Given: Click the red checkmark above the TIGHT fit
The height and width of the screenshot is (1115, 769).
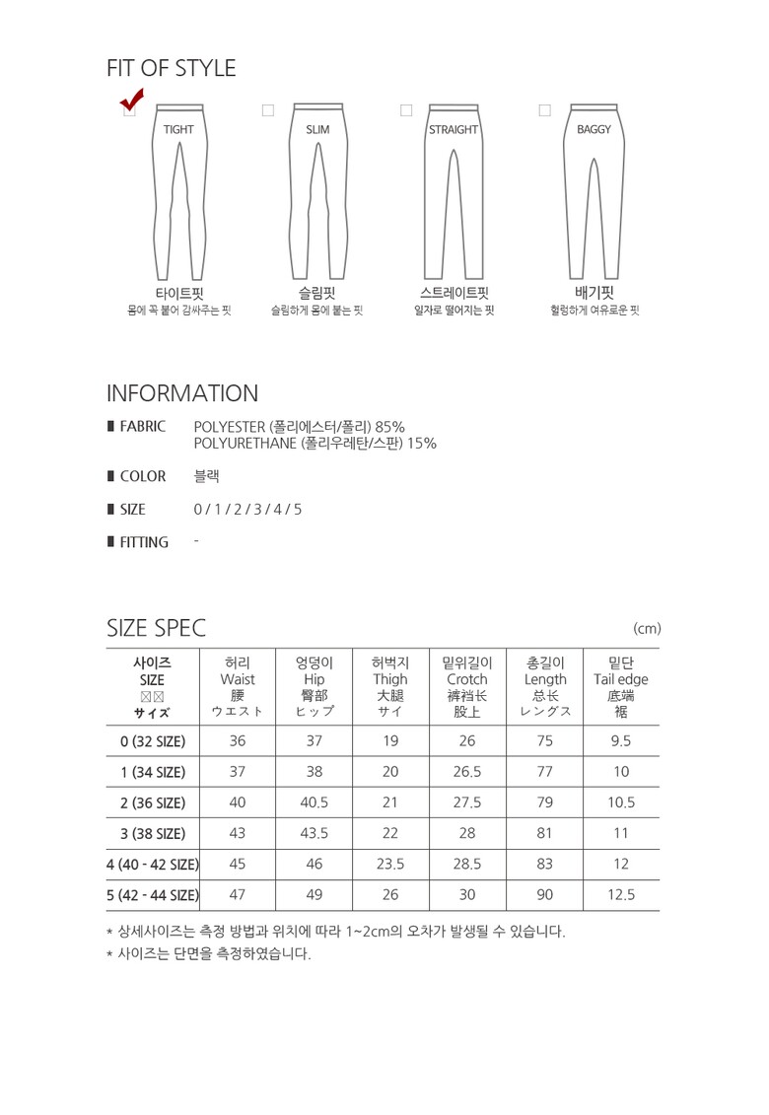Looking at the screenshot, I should pyautogui.click(x=131, y=100).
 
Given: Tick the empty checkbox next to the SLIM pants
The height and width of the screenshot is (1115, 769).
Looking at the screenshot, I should pyautogui.click(x=267, y=110).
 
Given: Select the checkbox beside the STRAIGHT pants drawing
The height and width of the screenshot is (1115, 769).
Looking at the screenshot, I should pyautogui.click(x=405, y=110).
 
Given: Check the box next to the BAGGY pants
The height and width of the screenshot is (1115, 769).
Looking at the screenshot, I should pyautogui.click(x=544, y=110).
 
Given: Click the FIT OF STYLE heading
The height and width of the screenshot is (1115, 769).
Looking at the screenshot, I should pyautogui.click(x=172, y=68).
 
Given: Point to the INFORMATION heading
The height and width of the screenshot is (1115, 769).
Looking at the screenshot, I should pyautogui.click(x=182, y=393).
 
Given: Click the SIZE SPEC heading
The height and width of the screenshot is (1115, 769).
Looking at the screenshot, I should pyautogui.click(x=156, y=628).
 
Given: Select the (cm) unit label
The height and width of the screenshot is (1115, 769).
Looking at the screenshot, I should pyautogui.click(x=647, y=629).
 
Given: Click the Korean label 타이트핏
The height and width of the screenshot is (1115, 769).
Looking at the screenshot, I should pyautogui.click(x=178, y=293).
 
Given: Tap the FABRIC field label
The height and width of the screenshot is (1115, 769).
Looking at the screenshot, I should pyautogui.click(x=142, y=427).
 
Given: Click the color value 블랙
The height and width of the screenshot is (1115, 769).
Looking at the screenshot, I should pyautogui.click(x=207, y=476).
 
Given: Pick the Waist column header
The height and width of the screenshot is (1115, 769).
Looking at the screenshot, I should pyautogui.click(x=238, y=679).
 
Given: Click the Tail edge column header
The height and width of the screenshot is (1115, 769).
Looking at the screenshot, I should pyautogui.click(x=621, y=679).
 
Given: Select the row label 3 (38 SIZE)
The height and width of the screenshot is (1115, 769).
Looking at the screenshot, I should pyautogui.click(x=153, y=834).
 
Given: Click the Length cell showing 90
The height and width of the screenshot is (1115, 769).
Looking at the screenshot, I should pyautogui.click(x=545, y=895).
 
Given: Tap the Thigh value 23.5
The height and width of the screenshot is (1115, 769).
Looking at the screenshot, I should pyautogui.click(x=390, y=865).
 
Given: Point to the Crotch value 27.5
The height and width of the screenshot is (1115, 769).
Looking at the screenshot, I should pyautogui.click(x=467, y=803).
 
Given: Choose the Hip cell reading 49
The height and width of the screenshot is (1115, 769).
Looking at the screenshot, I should pyautogui.click(x=314, y=895).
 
